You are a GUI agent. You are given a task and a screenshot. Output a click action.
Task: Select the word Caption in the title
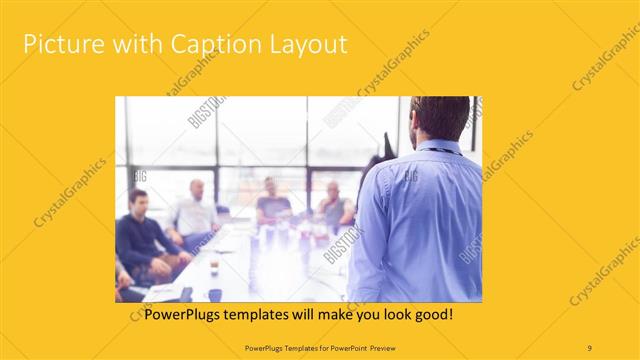click(208, 45)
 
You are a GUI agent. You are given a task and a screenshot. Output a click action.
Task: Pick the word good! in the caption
click(433, 314)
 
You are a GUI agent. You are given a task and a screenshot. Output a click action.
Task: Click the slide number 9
click(590, 347)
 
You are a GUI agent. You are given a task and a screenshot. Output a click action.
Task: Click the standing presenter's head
click(440, 118)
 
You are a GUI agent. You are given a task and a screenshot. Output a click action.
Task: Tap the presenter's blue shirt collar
click(438, 148)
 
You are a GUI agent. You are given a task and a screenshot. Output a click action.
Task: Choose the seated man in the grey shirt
click(334, 204)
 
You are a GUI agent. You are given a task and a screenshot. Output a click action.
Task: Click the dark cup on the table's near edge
click(214, 295)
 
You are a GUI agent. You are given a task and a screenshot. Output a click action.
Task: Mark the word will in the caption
click(312, 314)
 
